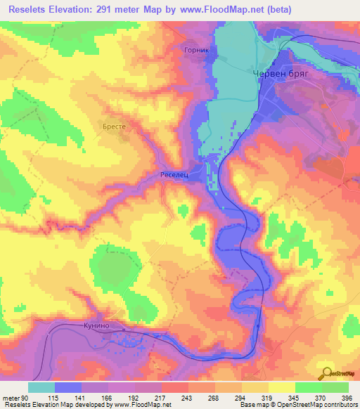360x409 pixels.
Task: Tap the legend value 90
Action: [x=25, y=397]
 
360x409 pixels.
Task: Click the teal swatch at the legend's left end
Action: [x=41, y=387]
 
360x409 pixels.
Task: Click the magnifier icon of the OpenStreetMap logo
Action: [x=325, y=373]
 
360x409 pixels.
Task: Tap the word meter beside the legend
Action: [x=11, y=397]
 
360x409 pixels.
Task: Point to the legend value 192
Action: [x=134, y=397]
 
